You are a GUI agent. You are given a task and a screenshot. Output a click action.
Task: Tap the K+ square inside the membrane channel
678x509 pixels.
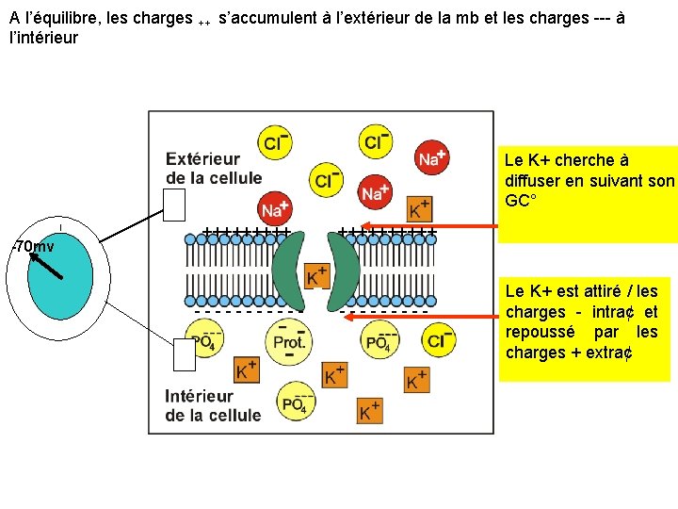[316, 276]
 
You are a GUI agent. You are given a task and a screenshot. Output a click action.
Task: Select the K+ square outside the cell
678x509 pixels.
[420, 208]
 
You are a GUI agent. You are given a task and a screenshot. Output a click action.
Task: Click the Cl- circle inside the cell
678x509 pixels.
[438, 340]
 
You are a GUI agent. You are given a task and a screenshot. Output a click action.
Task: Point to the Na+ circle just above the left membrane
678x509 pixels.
[275, 208]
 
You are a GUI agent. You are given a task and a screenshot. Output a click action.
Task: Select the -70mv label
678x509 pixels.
[32, 247]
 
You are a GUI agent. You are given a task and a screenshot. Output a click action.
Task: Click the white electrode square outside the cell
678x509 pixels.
[175, 204]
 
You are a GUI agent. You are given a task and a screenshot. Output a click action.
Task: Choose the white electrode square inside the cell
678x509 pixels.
[185, 355]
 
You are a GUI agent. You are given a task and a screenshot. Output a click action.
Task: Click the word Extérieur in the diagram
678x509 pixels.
[202, 159]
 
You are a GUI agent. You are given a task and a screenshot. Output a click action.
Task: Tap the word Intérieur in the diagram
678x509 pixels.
[199, 397]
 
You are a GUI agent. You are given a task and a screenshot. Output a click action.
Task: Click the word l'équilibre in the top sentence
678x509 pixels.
[62, 18]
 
